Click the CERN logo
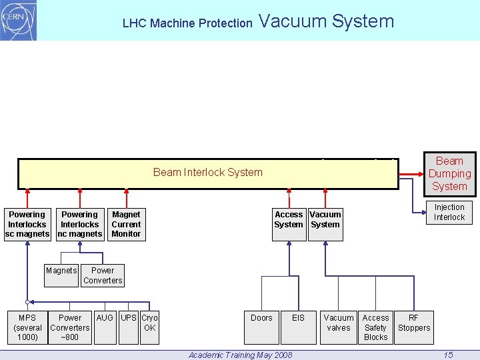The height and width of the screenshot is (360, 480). pyautogui.click(x=19, y=21)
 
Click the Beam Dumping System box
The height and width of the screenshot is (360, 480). pyautogui.click(x=449, y=173)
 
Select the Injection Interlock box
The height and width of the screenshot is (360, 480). pyautogui.click(x=449, y=212)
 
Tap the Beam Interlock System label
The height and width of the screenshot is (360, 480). pyautogui.click(x=208, y=172)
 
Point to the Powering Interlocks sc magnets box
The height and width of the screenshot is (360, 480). pyautogui.click(x=27, y=224)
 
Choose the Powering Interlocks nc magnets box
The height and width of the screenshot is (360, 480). pyautogui.click(x=79, y=224)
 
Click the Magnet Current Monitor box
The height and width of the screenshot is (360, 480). pyautogui.click(x=126, y=224)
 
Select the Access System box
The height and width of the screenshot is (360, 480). pyautogui.click(x=289, y=220)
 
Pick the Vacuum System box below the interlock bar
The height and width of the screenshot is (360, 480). pyautogui.click(x=325, y=220)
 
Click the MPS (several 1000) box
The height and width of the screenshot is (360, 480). pyautogui.click(x=27, y=327)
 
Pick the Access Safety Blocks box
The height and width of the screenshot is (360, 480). pyautogui.click(x=375, y=327)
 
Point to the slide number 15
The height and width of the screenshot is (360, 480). pyautogui.click(x=449, y=355)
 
